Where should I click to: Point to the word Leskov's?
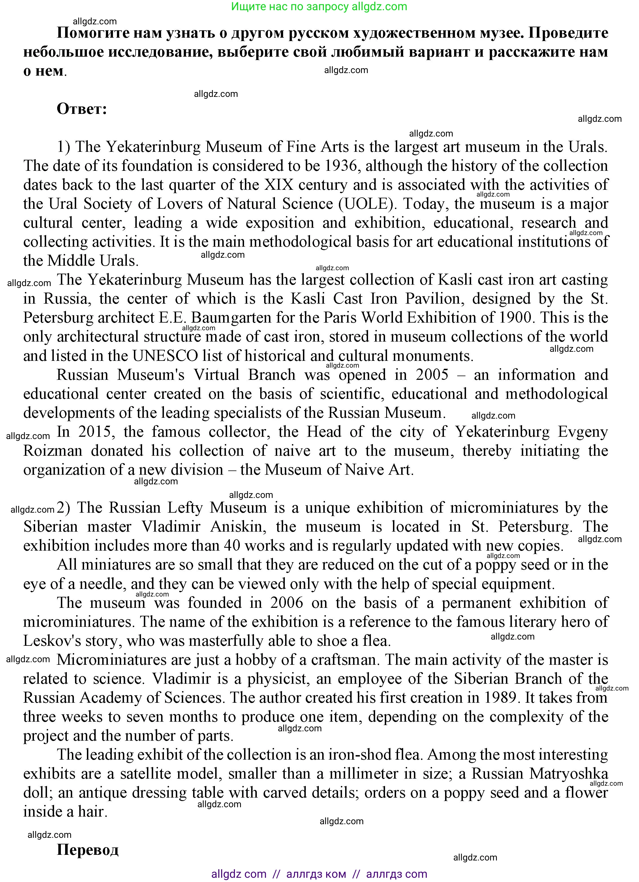(50, 641)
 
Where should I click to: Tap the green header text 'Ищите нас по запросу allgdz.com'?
(319, 7)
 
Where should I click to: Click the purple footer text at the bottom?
(319, 874)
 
